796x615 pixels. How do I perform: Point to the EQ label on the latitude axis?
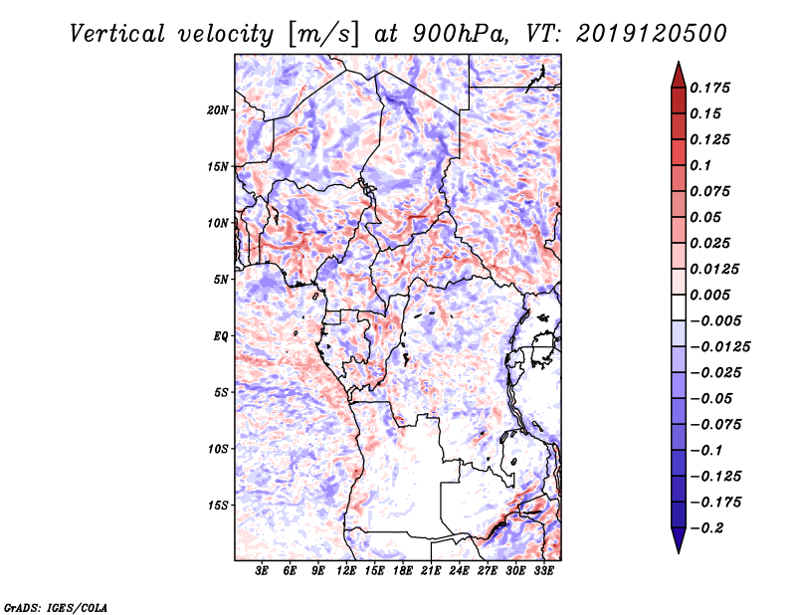[221, 335]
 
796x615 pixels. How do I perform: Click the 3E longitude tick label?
[263, 571]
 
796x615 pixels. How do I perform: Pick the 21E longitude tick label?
[432, 571]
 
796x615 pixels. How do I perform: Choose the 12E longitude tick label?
[347, 571]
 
